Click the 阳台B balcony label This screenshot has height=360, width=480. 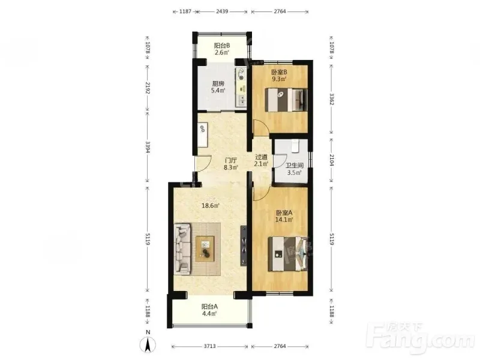tap(222, 46)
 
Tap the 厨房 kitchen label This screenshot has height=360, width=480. tap(218, 83)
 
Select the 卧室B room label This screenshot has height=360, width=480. tap(279, 72)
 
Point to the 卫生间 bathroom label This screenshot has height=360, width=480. tap(295, 166)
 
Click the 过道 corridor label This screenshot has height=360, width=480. tap(262, 157)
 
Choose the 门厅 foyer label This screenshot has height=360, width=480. tap(231, 160)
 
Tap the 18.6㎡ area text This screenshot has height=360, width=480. tap(211, 205)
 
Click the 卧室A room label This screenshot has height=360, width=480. tap(284, 212)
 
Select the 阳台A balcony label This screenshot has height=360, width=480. tap(209, 306)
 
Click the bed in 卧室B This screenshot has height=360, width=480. tap(286, 100)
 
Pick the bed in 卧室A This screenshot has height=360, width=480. tap(287, 254)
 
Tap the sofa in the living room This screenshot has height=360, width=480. tap(183, 248)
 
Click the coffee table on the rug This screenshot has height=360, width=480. tap(205, 248)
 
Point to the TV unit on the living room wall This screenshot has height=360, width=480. tap(244, 246)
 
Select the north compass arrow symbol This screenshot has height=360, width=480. tap(148, 344)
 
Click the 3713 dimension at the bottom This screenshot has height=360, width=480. tap(209, 346)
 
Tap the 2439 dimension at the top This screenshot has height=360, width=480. tap(222, 11)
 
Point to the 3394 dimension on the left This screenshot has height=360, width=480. tap(148, 147)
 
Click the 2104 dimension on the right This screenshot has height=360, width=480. tap(332, 160)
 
